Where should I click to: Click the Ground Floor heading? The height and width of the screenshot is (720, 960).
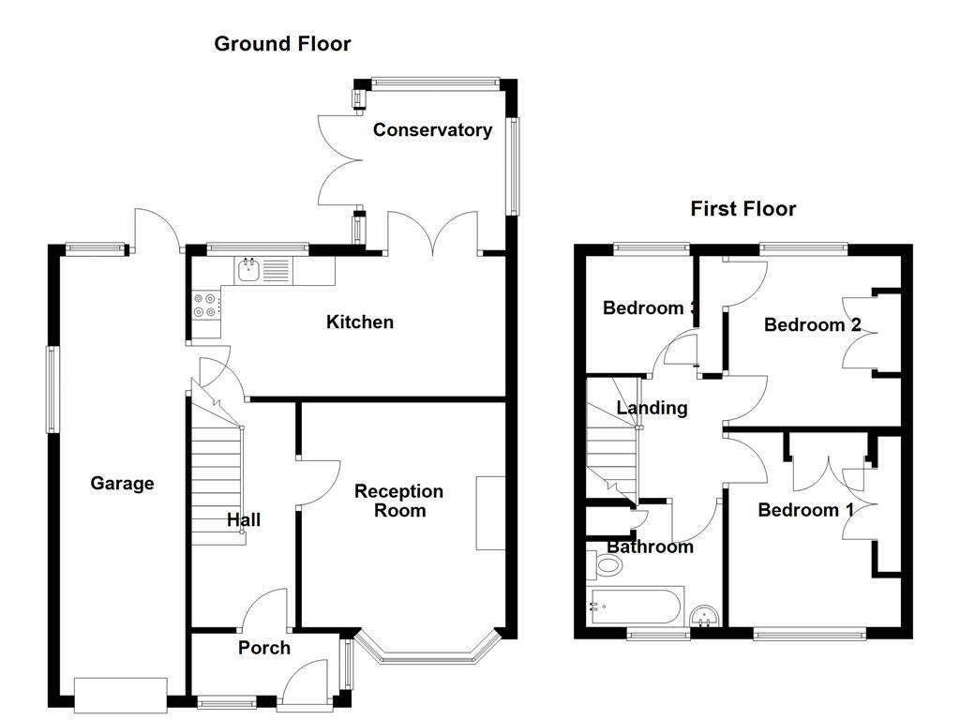point(282,43)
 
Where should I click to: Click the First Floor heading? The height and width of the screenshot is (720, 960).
point(742,208)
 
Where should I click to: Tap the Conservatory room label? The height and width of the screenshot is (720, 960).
point(432,130)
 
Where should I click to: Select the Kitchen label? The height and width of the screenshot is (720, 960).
point(359,322)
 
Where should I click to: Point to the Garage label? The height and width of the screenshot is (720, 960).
point(122,484)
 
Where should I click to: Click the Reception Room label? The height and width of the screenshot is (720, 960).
point(399,501)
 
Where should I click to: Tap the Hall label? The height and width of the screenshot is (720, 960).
point(244,520)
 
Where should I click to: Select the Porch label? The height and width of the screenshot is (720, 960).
point(263,648)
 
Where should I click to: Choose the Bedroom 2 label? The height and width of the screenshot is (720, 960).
point(812,325)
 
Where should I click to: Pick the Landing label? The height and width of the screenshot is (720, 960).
point(652,408)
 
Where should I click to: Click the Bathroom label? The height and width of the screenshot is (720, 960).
point(650,547)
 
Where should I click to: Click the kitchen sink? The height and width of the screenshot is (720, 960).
point(249,271)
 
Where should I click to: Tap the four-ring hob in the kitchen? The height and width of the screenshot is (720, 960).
point(206,305)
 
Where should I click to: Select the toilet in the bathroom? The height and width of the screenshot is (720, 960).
point(605,565)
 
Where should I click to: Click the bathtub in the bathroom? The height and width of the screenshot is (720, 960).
point(635,606)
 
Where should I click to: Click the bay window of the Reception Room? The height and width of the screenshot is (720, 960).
point(427,656)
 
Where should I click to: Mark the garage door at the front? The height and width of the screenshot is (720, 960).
point(121,692)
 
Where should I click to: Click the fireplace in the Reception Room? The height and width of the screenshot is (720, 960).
point(490,513)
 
